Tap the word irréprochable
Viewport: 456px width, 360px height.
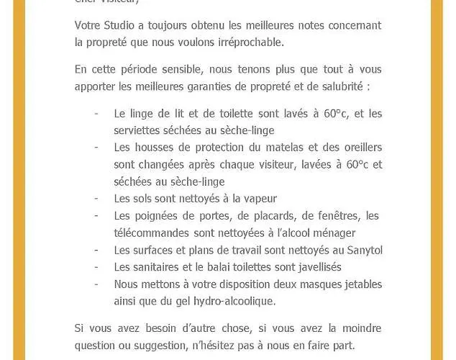(x=249, y=42)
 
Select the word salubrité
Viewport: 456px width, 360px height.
(x=339, y=86)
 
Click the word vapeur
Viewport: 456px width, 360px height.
(x=259, y=199)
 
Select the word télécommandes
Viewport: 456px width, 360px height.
(x=152, y=233)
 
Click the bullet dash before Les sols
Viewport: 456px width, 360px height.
(x=96, y=199)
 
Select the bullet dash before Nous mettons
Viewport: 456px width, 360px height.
(x=96, y=284)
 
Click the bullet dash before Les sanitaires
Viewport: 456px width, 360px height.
(x=96, y=267)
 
